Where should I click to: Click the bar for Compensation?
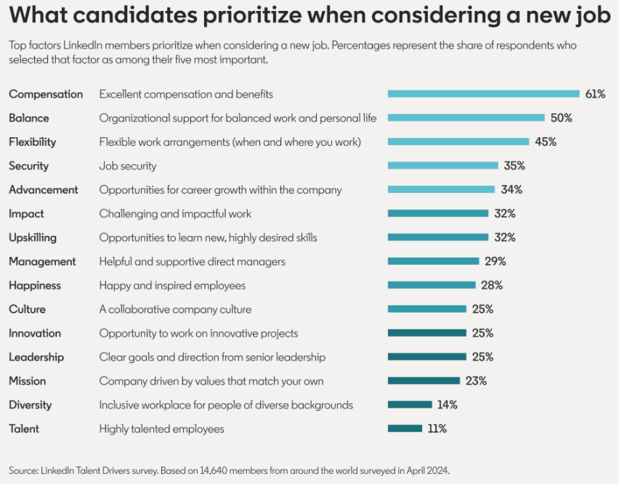tap(483, 94)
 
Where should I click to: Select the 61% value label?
tap(595, 94)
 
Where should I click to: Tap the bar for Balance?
tap(466, 118)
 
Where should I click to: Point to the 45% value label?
tap(546, 141)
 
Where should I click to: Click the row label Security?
tap(29, 165)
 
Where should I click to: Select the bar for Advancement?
tap(441, 189)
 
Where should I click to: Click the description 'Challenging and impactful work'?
tap(175, 213)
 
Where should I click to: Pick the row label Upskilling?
tap(33, 237)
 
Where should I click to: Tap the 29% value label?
tap(495, 261)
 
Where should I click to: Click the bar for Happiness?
tap(432, 285)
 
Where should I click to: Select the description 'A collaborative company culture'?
tap(175, 309)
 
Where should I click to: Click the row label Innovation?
tap(35, 333)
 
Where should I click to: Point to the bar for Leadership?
tap(426, 357)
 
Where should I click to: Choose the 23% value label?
tap(476, 381)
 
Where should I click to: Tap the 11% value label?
tap(437, 429)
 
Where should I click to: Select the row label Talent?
tap(24, 429)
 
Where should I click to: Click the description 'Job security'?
tap(128, 165)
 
